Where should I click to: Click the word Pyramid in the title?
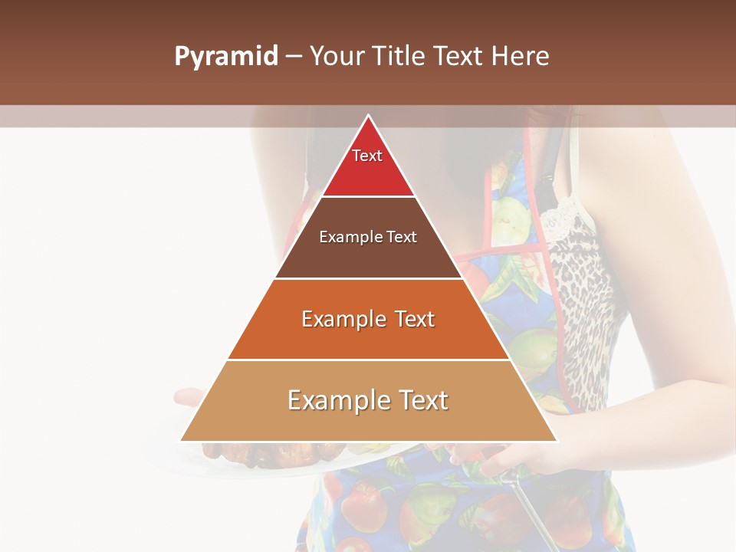click(226, 57)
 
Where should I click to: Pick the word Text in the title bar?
click(461, 57)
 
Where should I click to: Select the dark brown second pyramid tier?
click(368, 257)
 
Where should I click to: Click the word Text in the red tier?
click(367, 156)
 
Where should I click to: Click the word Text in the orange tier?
click(412, 319)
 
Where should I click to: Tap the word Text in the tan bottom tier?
click(422, 400)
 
